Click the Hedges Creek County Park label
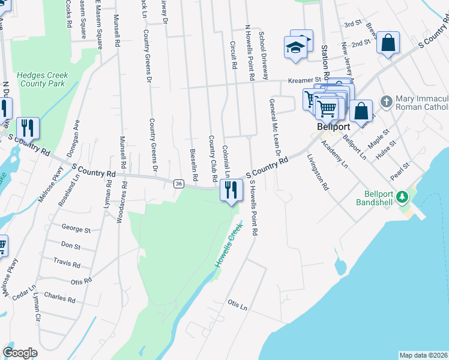tap(42, 80)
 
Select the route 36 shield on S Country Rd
tap(178, 184)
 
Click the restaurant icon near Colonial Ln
tap(231, 190)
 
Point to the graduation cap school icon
tap(295, 47)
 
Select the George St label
tap(76, 229)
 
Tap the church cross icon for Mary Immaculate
tap(386, 102)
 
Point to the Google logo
tap(20, 353)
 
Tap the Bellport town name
tap(330, 128)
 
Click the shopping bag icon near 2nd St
tap(388, 43)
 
